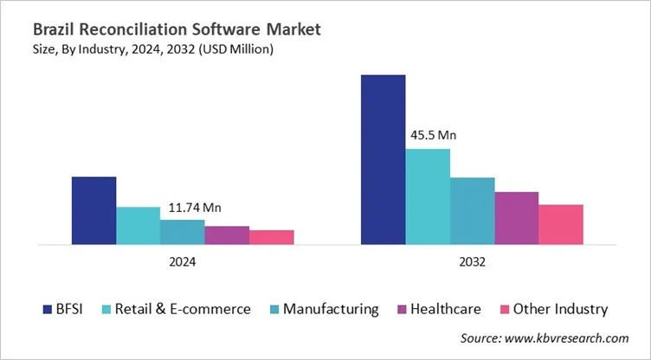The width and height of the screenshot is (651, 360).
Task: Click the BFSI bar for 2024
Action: pos(93,210)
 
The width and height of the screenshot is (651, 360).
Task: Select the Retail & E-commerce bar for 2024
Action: pos(139,226)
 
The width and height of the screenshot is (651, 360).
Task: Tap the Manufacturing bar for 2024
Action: pos(183,232)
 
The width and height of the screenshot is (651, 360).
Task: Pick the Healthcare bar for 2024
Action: pos(227,235)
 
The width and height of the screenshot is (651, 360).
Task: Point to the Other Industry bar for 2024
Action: pos(272,237)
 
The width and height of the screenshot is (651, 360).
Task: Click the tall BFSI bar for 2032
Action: pos(383,160)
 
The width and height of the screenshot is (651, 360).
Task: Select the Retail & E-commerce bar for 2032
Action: pos(428,196)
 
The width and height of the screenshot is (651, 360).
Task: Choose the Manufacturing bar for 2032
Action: pos(472,211)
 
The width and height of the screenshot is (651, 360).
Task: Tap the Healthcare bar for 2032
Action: pos(516,218)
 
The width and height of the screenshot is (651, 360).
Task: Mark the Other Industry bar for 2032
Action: pos(561,225)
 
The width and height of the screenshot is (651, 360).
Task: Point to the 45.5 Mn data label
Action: pos(432,136)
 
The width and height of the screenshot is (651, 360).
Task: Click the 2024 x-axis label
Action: pos(183,261)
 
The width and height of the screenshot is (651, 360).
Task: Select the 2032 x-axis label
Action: pos(472,261)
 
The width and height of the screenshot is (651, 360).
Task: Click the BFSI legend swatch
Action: pos(47,309)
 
